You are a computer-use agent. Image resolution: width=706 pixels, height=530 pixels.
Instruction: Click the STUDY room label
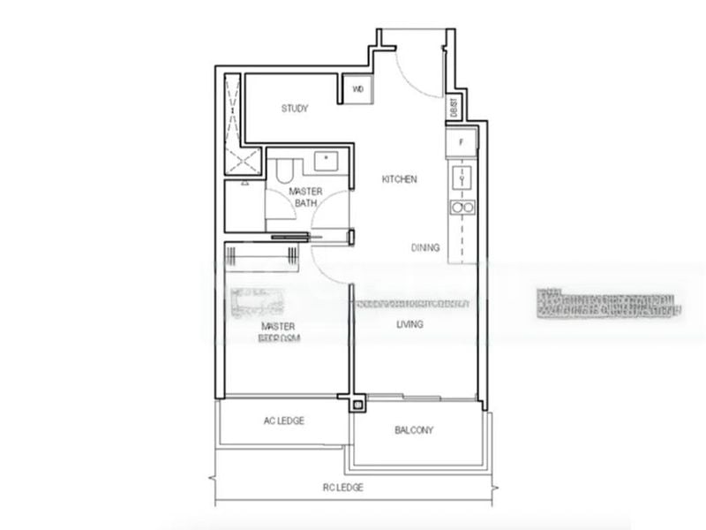[295, 109]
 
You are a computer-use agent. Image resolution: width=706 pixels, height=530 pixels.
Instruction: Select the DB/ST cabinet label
[454, 107]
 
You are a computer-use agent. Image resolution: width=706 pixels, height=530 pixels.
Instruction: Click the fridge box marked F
[461, 142]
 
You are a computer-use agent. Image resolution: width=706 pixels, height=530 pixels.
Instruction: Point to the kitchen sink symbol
[462, 178]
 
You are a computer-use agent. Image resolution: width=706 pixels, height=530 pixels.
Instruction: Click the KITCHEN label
[399, 179]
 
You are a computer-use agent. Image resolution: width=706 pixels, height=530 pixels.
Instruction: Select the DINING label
[425, 248]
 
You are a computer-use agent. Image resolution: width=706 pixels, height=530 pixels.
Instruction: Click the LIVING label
[409, 325]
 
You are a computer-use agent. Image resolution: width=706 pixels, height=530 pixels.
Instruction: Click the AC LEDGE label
[283, 421]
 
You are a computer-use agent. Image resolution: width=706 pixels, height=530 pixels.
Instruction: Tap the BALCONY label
[414, 430]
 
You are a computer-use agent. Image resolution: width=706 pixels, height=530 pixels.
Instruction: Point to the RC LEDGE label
[342, 487]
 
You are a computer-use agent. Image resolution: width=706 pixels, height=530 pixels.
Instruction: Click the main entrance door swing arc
[408, 71]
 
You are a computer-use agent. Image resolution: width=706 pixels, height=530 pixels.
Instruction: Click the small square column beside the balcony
[357, 405]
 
